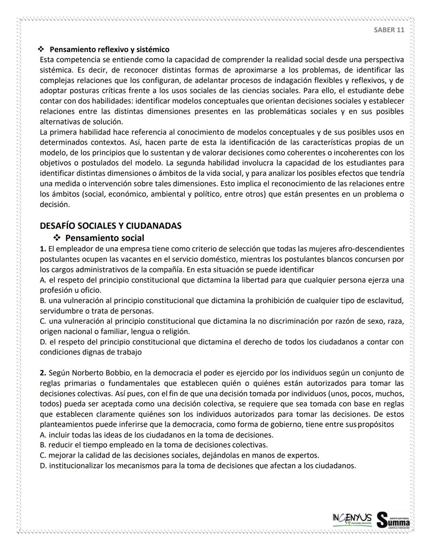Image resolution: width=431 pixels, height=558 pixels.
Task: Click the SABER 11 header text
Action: [389, 30]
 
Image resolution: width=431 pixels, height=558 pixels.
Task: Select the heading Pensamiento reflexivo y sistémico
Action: [109, 50]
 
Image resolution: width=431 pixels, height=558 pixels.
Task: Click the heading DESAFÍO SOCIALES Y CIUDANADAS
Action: [111, 226]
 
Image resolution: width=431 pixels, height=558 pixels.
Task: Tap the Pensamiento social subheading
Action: [105, 238]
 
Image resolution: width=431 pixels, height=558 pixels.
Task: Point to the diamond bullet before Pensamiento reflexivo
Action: [41, 50]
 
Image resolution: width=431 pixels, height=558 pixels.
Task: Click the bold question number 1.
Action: [43, 249]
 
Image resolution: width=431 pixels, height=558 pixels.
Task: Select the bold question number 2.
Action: [43, 373]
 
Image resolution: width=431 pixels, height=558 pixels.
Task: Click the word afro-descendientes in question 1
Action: [371, 249]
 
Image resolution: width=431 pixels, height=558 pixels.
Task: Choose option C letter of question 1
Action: [42, 321]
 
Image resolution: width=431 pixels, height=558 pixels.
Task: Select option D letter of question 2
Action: [43, 466]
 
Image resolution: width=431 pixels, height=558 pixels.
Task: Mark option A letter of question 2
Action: [42, 435]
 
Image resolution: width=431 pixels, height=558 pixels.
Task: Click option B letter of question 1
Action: [42, 300]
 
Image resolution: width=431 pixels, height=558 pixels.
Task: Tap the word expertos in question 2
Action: [304, 455]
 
